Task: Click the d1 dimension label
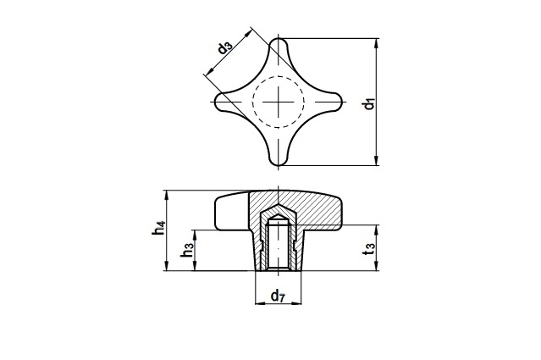(369, 104)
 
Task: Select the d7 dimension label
(277, 296)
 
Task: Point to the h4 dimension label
(158, 229)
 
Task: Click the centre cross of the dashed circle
(278, 101)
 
